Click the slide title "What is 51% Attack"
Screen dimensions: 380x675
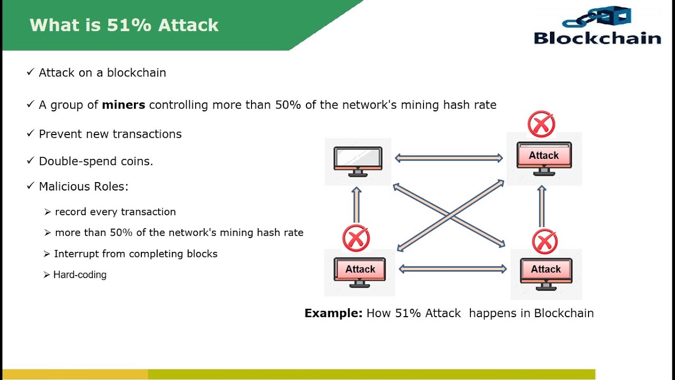124,25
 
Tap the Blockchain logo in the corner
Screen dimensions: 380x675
597,26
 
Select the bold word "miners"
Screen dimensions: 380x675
123,104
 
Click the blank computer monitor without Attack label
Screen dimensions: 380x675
358,160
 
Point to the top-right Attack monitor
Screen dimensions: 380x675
544,158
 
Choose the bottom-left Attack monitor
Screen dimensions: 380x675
360,271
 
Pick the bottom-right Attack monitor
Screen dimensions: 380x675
546,271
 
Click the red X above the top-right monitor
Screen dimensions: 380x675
541,124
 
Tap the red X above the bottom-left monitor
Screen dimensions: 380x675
356,238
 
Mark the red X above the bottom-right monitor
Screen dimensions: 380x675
545,241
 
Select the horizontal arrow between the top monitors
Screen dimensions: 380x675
449,158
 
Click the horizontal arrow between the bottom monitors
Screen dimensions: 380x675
452,269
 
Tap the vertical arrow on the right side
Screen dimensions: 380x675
542,206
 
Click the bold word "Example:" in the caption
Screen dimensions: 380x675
333,313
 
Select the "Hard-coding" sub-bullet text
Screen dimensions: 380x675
80,274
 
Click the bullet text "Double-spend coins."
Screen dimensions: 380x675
96,161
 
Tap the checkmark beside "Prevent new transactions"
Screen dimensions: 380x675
30,134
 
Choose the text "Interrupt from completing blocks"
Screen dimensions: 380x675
136,254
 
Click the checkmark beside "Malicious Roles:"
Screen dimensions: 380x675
30,186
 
